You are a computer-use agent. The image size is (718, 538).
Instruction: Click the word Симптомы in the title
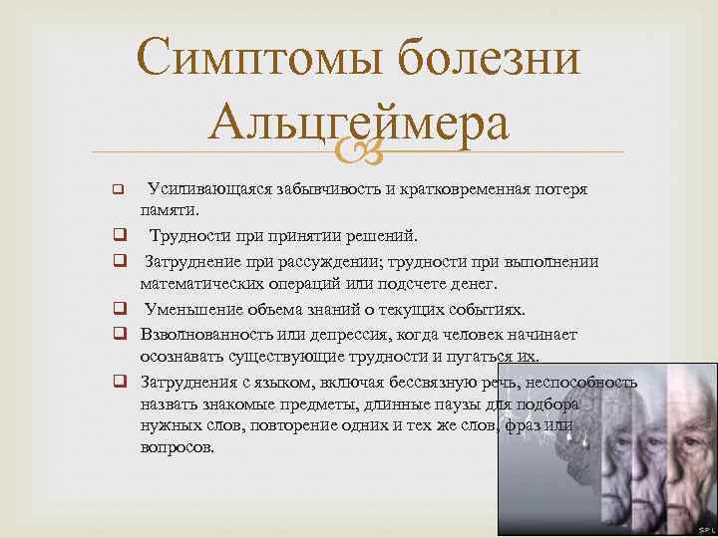tap(257, 63)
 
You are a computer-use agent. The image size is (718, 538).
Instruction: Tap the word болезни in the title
tap(489, 63)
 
